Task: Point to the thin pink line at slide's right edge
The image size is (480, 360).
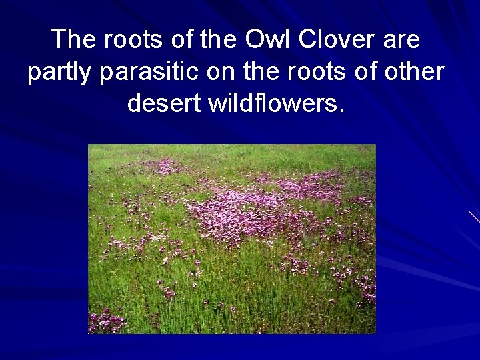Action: (x=474, y=216)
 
